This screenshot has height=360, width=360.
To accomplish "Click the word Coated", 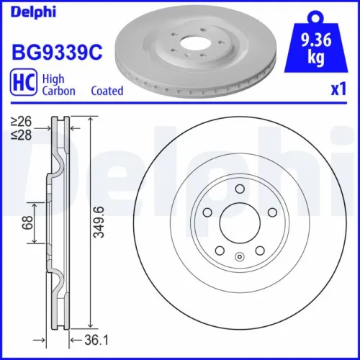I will point(107,91).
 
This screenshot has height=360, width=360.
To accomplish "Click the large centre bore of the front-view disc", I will point(238,224).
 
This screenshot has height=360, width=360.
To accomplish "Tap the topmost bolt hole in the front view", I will point(238,189).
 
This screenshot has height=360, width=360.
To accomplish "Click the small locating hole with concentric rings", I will point(238,256).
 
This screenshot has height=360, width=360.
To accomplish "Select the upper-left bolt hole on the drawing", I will point(205,213).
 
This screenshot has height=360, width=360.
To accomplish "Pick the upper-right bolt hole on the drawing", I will point(271,213).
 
